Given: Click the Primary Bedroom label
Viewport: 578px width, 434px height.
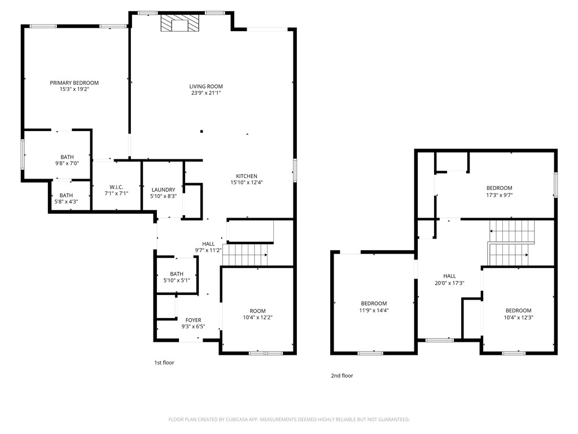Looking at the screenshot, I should (74, 83).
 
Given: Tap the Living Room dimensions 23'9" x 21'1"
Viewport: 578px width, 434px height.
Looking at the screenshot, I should (206, 93).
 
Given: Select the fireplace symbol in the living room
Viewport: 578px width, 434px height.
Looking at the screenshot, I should (180, 24).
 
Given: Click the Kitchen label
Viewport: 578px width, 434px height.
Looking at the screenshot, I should (247, 176).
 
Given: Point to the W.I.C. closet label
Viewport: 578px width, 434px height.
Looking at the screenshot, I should (116, 187).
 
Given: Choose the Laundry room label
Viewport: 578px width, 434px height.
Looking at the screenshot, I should (163, 190).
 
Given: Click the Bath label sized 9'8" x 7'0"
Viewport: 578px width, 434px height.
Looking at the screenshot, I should (67, 157).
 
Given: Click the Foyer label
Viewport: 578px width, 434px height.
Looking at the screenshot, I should (193, 320).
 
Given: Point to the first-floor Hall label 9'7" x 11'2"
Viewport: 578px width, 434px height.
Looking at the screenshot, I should (208, 244).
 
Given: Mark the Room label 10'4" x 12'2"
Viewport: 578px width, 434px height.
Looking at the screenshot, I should (257, 311).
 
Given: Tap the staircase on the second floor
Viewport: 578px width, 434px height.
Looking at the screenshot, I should (511, 243).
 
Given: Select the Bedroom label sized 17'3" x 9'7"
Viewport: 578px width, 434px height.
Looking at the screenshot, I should (499, 188).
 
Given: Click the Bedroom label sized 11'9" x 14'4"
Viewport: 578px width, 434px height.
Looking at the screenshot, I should (374, 303).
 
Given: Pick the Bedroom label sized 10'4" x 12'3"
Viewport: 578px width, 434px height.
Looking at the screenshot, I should (518, 310).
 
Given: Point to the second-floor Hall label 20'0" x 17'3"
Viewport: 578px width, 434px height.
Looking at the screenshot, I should (449, 276).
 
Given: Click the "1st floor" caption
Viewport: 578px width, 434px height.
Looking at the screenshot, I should (164, 363).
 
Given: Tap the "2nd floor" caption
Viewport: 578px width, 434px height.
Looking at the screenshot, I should (341, 375).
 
